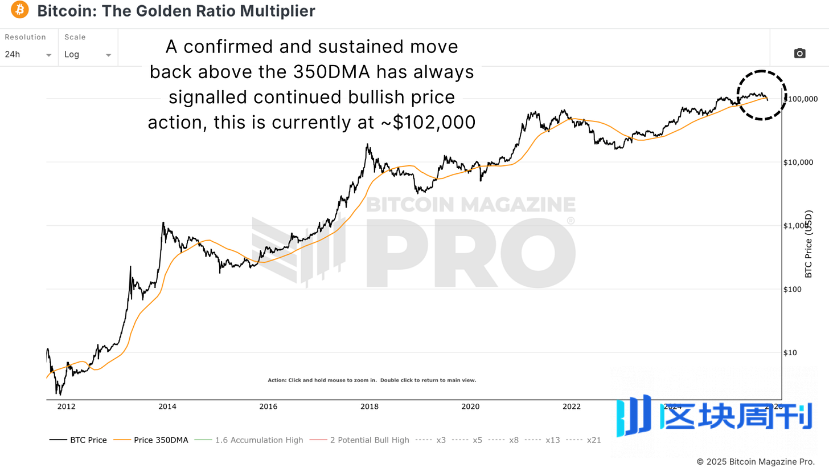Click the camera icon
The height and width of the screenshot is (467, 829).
(x=799, y=54)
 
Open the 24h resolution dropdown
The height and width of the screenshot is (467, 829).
(x=28, y=55)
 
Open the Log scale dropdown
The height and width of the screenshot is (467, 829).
(x=87, y=55)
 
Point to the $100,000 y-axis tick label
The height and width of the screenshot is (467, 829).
(x=802, y=99)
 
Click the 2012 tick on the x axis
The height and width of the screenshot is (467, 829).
(x=66, y=407)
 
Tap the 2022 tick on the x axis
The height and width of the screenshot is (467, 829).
(x=571, y=407)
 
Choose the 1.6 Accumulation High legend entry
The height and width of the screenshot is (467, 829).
(x=249, y=440)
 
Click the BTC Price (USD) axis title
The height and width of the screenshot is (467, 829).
(x=809, y=245)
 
